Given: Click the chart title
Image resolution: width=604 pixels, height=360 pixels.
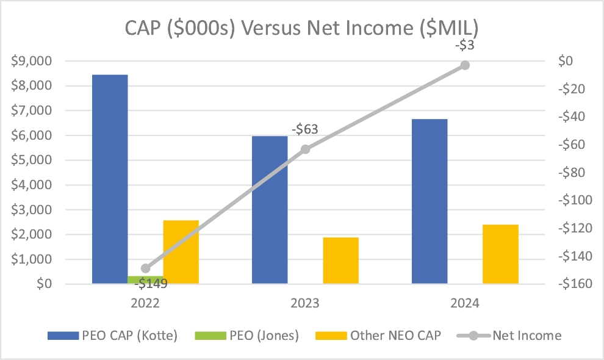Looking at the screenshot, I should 302,28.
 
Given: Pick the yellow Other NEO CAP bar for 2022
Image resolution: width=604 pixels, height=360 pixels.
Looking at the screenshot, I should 181,251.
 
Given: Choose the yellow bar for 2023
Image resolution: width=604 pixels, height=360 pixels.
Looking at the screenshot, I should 341,260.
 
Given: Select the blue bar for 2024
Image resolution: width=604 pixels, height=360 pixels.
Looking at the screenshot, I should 430,201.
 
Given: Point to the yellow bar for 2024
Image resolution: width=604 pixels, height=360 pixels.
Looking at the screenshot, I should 500,254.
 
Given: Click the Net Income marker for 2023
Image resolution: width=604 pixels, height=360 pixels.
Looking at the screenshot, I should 306,149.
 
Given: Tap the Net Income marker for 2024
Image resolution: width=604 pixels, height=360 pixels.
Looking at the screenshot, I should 465,65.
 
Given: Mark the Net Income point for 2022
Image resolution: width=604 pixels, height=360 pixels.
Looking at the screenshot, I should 145,268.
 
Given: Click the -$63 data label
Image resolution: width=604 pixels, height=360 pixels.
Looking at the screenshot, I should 306,130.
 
